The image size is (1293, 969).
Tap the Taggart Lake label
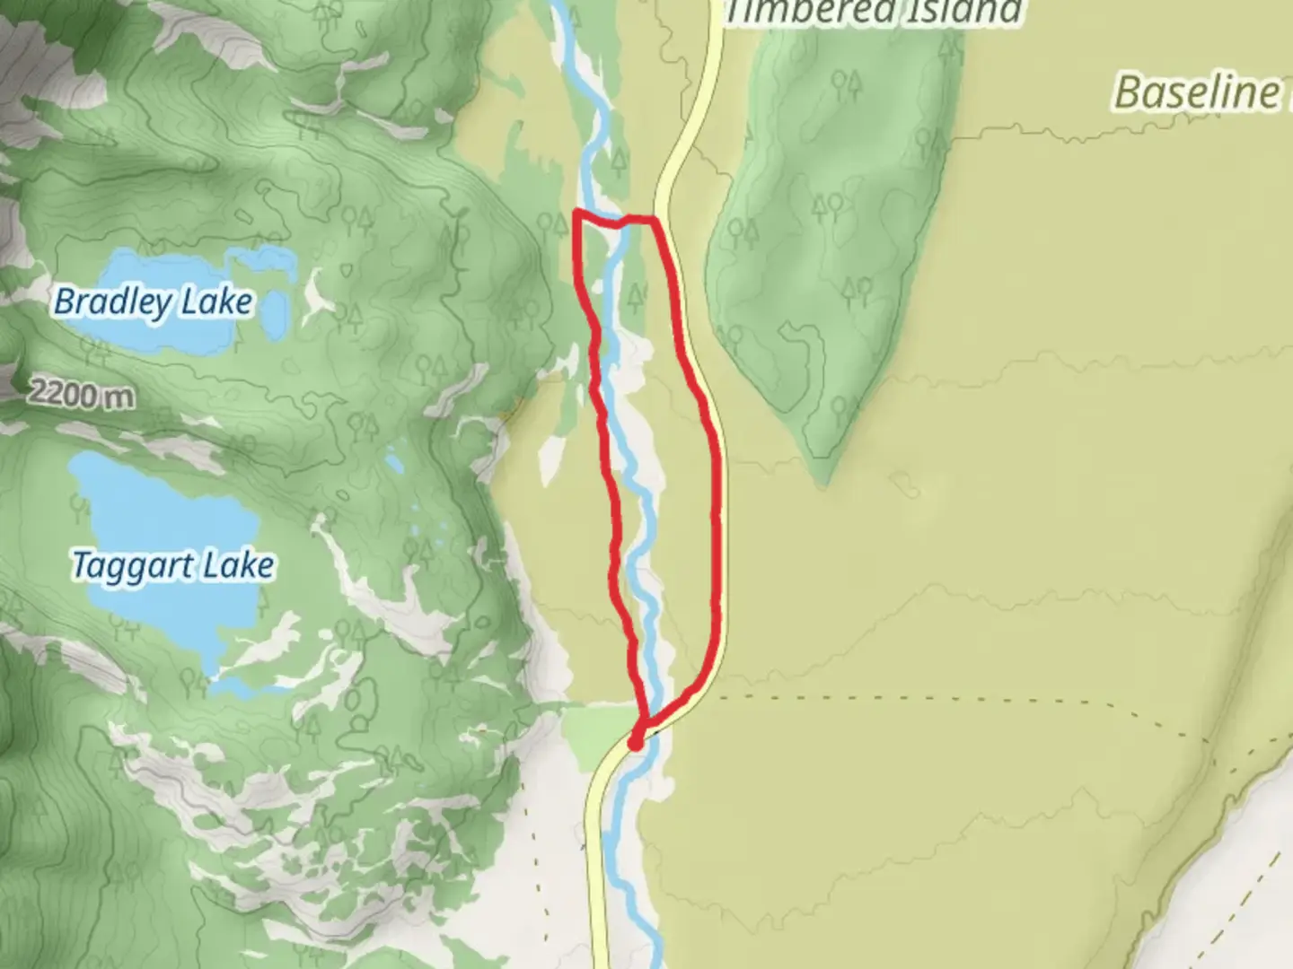pyautogui.click(x=172, y=566)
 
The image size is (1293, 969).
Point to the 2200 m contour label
pyautogui.click(x=82, y=393)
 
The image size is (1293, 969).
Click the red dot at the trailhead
pyautogui.click(x=635, y=743)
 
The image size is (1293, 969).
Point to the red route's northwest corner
pyautogui.click(x=576, y=214)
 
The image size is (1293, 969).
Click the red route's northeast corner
pyautogui.click(x=654, y=218)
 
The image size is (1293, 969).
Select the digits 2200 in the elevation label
pyautogui.click(x=65, y=392)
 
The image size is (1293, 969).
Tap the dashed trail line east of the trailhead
pyautogui.click(x=898, y=697)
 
